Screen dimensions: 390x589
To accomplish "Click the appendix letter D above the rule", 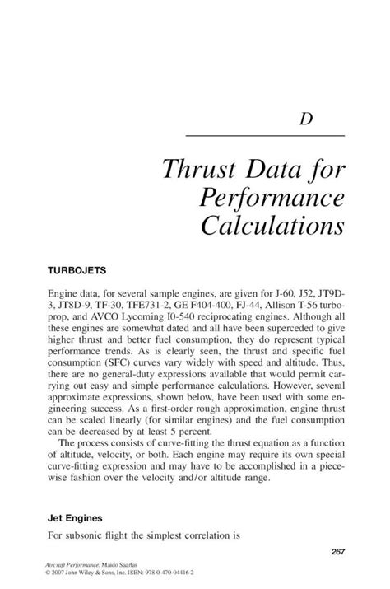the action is point(305,119).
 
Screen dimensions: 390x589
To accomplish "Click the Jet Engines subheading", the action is point(77,519).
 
